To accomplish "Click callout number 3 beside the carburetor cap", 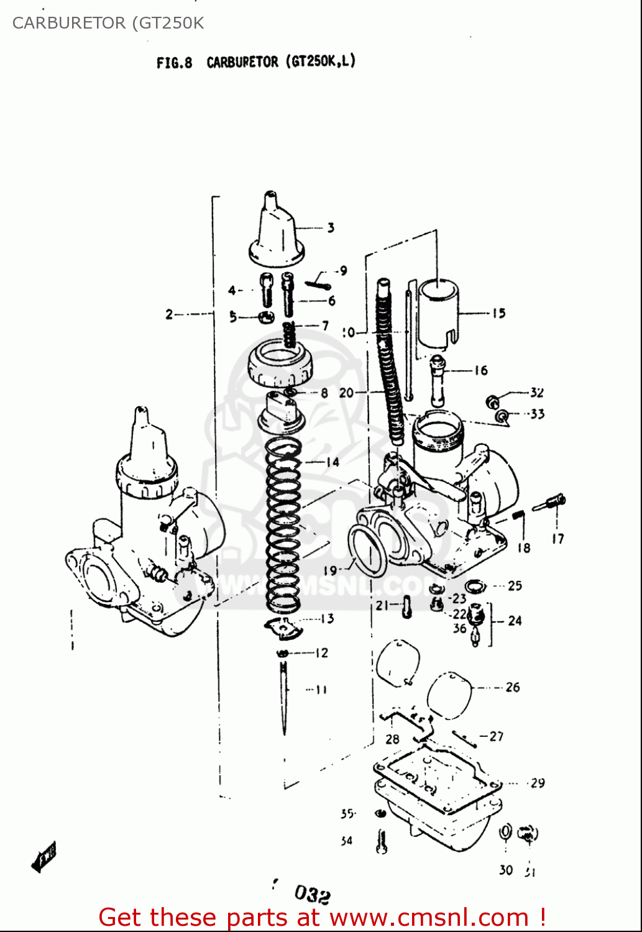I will [x=331, y=228].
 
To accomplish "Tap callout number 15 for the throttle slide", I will [x=499, y=313].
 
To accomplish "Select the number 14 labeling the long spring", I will [x=332, y=462].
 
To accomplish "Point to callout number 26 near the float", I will [x=513, y=687].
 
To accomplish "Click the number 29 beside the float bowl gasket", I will [x=538, y=783].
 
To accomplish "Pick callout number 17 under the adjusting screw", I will [x=557, y=539].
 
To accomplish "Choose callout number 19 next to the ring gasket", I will [x=330, y=570].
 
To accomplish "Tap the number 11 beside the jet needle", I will [x=321, y=689].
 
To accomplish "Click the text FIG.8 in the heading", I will [x=175, y=63].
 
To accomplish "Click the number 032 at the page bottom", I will [x=312, y=895].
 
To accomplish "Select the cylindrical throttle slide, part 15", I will [x=438, y=311].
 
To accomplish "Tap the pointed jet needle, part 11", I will [x=284, y=696].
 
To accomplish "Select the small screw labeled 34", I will [x=382, y=842].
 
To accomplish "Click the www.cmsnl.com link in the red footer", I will [x=429, y=918].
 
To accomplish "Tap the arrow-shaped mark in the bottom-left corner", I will [x=44, y=857].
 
